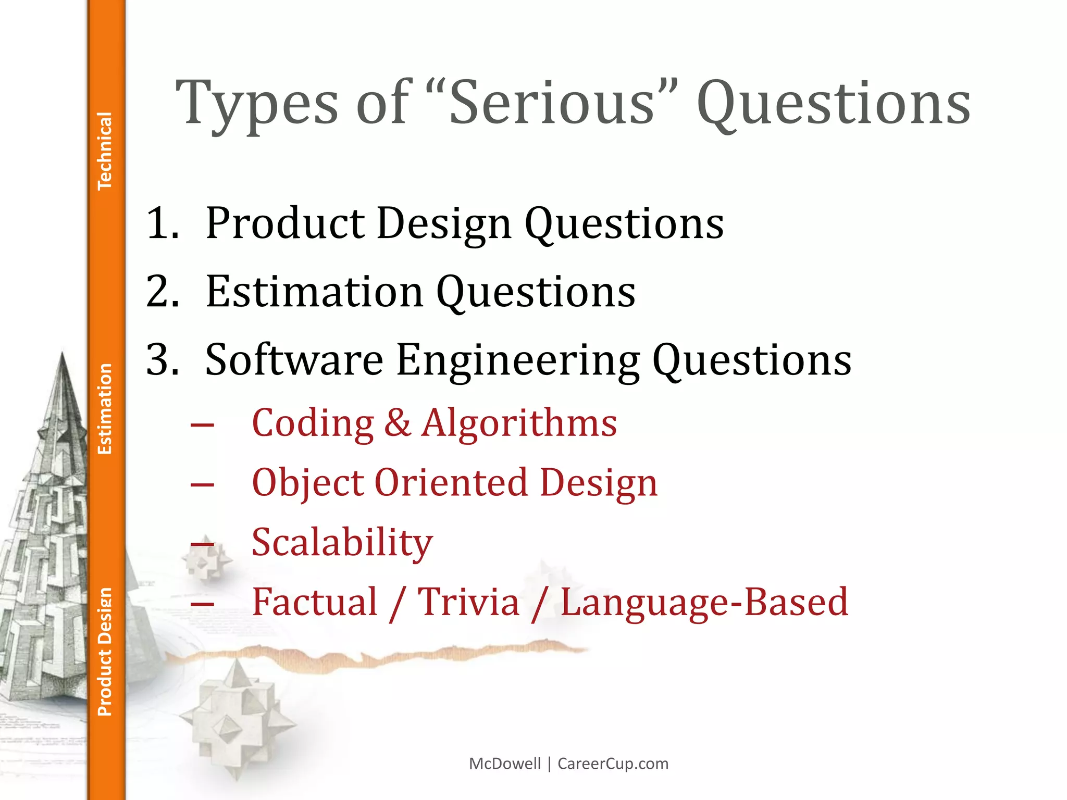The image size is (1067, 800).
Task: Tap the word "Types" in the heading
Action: tap(257, 104)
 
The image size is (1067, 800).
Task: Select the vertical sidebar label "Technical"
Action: tap(105, 151)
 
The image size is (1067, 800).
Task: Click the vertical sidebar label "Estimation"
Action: tap(105, 409)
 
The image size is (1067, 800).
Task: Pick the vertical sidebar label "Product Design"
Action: tap(105, 652)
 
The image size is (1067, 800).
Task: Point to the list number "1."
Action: tap(163, 223)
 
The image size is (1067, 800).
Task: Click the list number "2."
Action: tap(163, 291)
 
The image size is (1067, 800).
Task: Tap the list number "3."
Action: tap(163, 359)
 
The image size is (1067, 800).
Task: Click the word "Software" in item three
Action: tap(294, 359)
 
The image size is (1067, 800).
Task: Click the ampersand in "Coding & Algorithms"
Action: tap(398, 422)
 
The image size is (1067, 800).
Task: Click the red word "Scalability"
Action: tap(342, 543)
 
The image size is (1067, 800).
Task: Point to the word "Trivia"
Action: tap(468, 602)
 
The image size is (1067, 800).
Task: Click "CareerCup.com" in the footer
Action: tap(613, 764)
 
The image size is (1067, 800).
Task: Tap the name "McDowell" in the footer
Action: tap(505, 764)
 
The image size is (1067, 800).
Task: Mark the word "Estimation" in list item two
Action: tap(314, 291)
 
